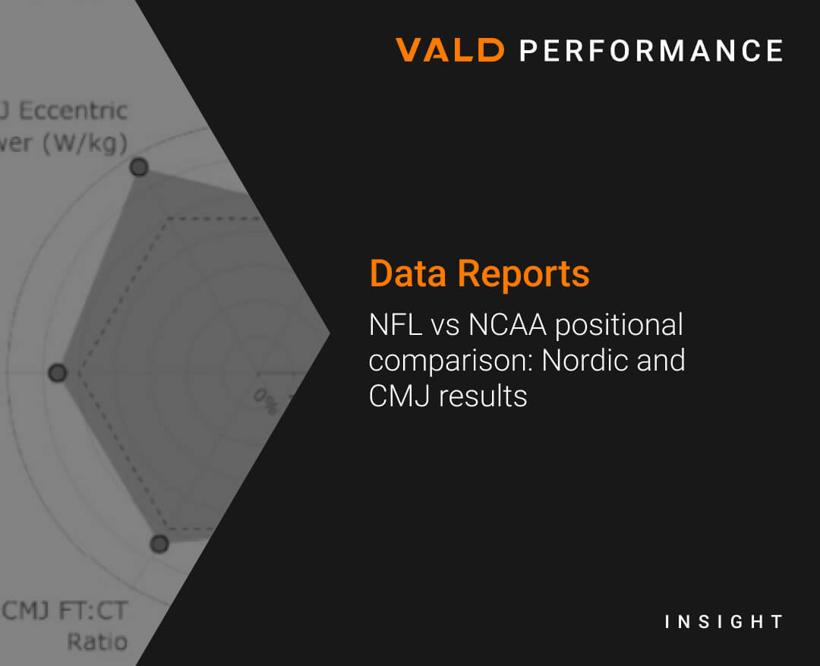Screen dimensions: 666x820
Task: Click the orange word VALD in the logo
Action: pos(449,51)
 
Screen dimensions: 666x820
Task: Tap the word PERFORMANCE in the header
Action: pos(651,51)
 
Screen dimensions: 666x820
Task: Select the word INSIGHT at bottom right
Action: pos(723,622)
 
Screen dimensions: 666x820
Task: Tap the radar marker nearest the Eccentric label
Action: pos(139,168)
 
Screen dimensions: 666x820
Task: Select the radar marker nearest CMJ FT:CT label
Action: pos(159,543)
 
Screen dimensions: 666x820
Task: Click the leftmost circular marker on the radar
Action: pos(58,373)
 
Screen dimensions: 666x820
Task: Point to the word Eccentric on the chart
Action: pos(73,111)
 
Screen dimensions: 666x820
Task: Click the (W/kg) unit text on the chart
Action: pos(84,143)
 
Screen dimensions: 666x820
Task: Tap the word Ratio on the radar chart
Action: pos(97,642)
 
